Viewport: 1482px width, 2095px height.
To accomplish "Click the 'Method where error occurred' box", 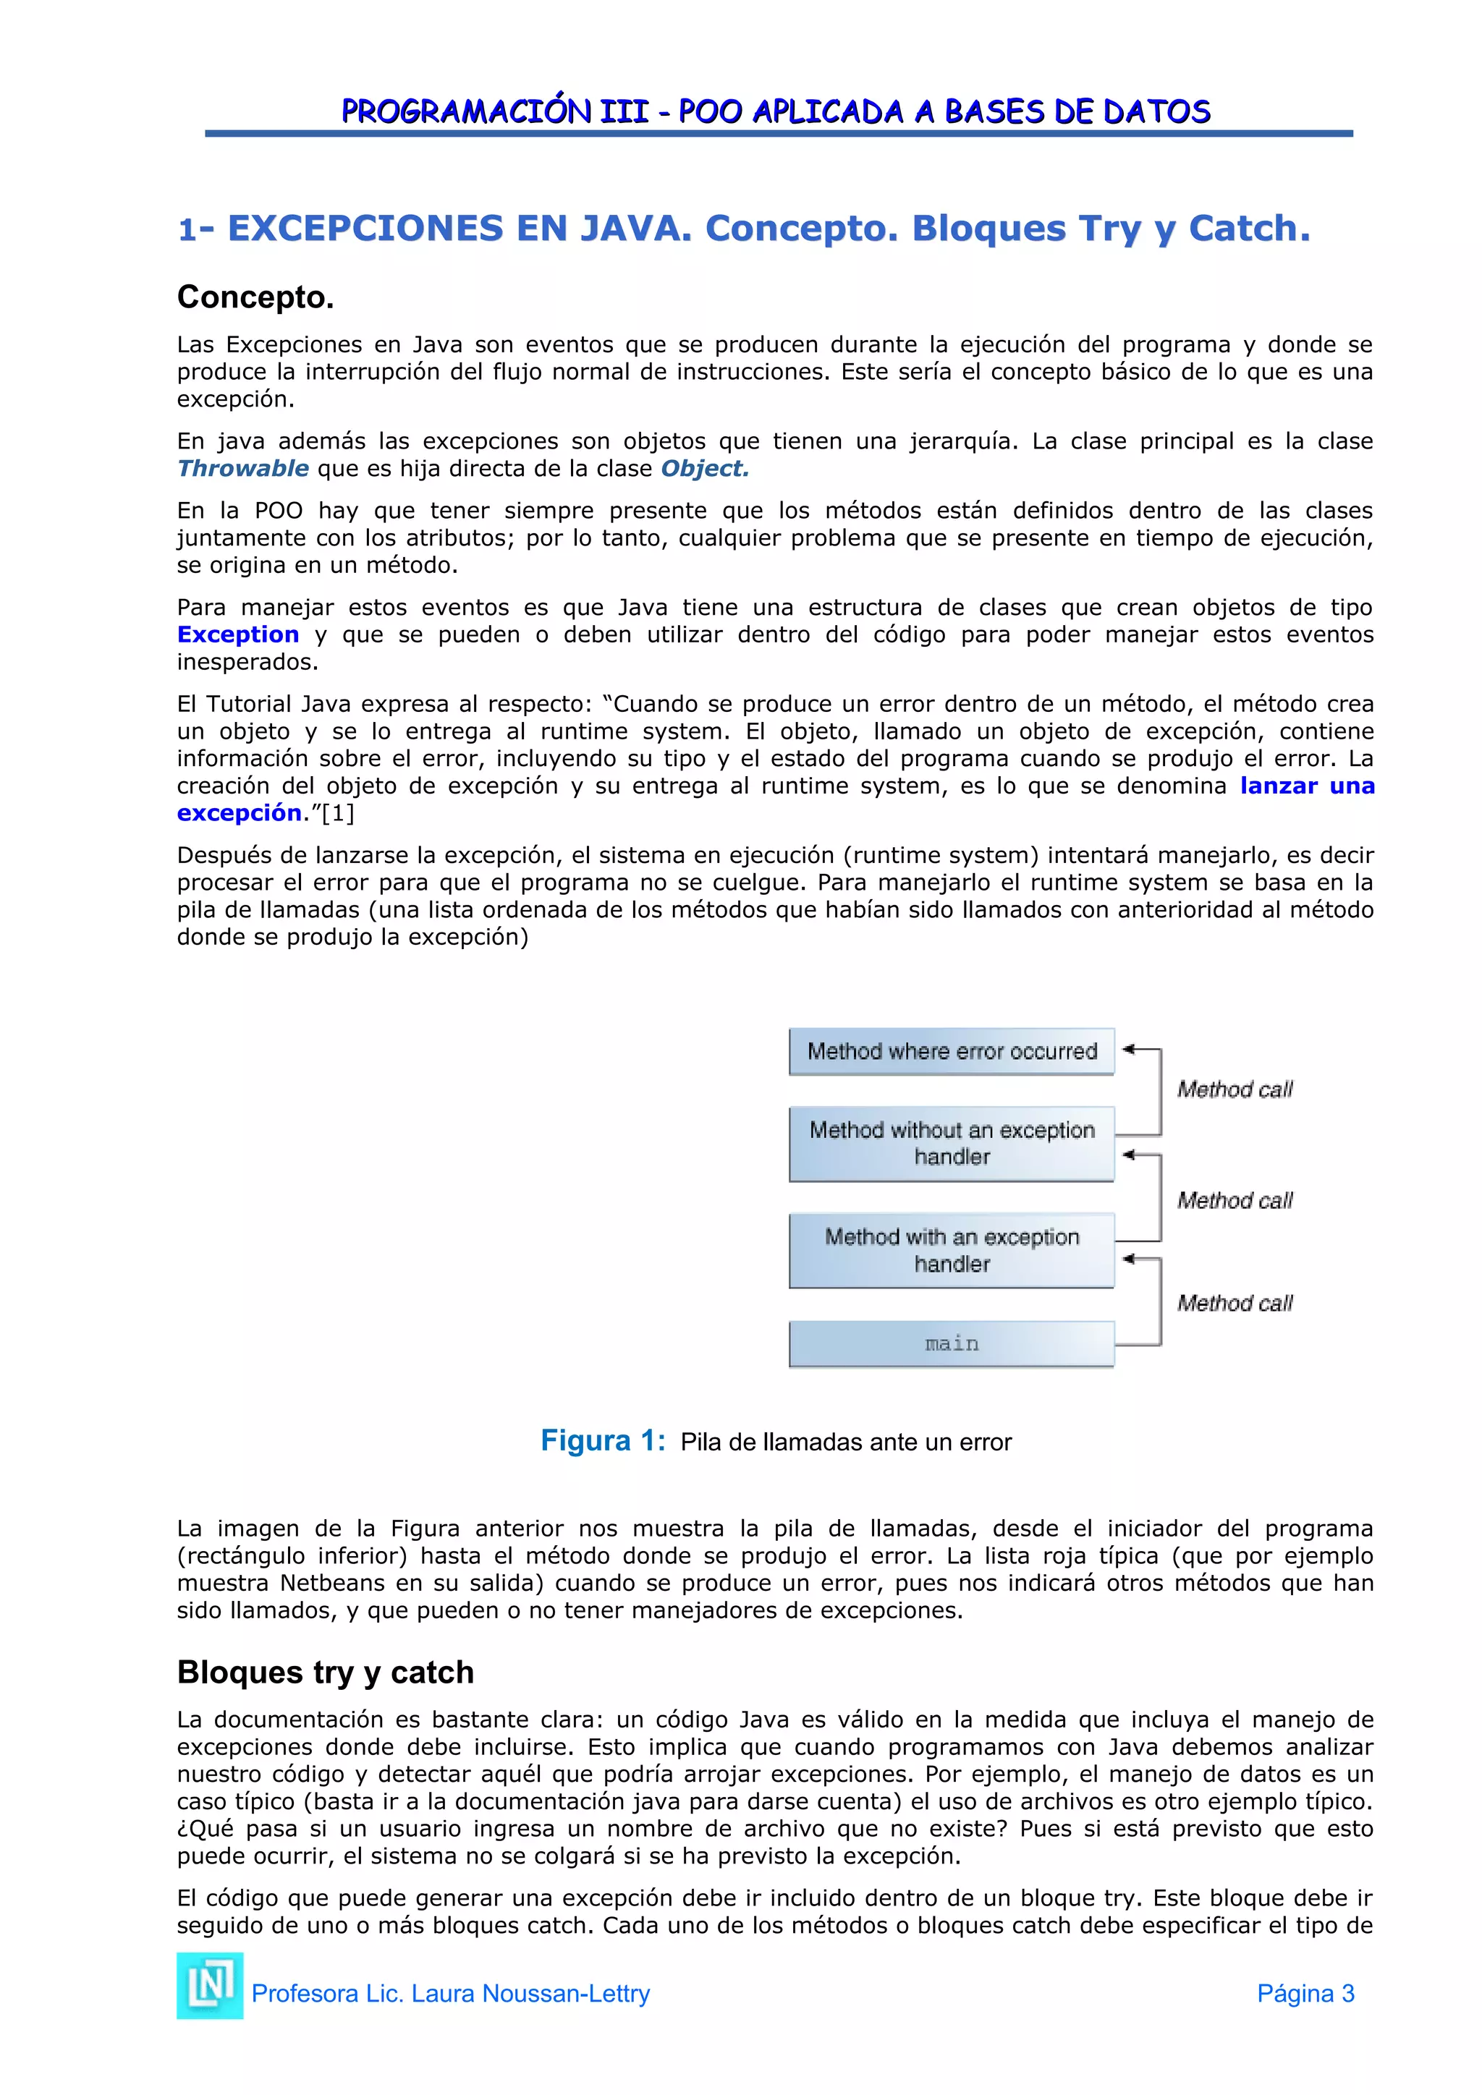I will click(x=951, y=1051).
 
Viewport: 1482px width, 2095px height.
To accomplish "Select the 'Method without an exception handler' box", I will click(x=951, y=1143).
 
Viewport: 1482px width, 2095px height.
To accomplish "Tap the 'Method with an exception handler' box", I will click(x=951, y=1250).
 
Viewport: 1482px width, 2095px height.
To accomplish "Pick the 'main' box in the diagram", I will click(x=951, y=1343).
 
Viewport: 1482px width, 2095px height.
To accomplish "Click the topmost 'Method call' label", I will click(x=1234, y=1089).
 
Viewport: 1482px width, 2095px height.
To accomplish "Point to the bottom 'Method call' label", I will click(x=1234, y=1303).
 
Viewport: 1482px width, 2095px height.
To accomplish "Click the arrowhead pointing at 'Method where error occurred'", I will click(x=1128, y=1050).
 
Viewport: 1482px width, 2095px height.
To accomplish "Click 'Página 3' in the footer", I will click(x=1305, y=1994).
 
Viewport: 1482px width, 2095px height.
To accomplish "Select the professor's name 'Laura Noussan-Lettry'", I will click(x=530, y=1994).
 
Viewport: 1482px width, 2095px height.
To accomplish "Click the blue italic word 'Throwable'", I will click(x=242, y=469).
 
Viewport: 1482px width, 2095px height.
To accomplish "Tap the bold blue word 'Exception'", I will click(x=238, y=635).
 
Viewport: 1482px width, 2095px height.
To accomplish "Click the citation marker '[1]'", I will click(x=338, y=813).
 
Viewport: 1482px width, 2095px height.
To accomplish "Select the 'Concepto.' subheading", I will click(x=255, y=297).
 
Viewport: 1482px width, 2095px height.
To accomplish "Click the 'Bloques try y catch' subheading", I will click(x=325, y=1673).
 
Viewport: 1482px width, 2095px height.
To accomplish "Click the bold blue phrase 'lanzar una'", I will click(x=1306, y=786).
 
